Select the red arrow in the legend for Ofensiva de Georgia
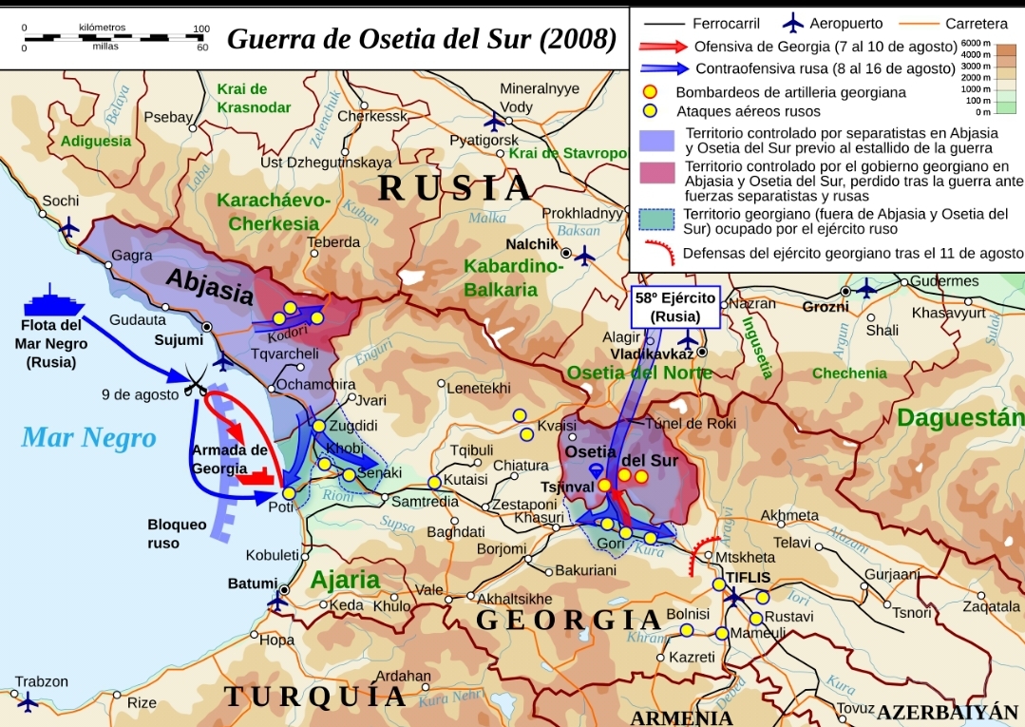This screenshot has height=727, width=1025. (661, 47)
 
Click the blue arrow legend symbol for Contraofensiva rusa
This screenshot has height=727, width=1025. (663, 68)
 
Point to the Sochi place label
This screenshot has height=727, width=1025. (61, 201)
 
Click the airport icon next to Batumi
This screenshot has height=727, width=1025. (278, 601)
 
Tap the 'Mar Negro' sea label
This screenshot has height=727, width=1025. (88, 437)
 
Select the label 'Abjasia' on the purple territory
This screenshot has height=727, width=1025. (211, 284)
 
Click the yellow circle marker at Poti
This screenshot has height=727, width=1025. (289, 492)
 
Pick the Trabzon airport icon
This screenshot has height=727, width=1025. (27, 702)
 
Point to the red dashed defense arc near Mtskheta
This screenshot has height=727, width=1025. (705, 552)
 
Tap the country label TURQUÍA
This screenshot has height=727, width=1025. (316, 697)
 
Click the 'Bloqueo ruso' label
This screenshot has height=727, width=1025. (177, 534)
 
